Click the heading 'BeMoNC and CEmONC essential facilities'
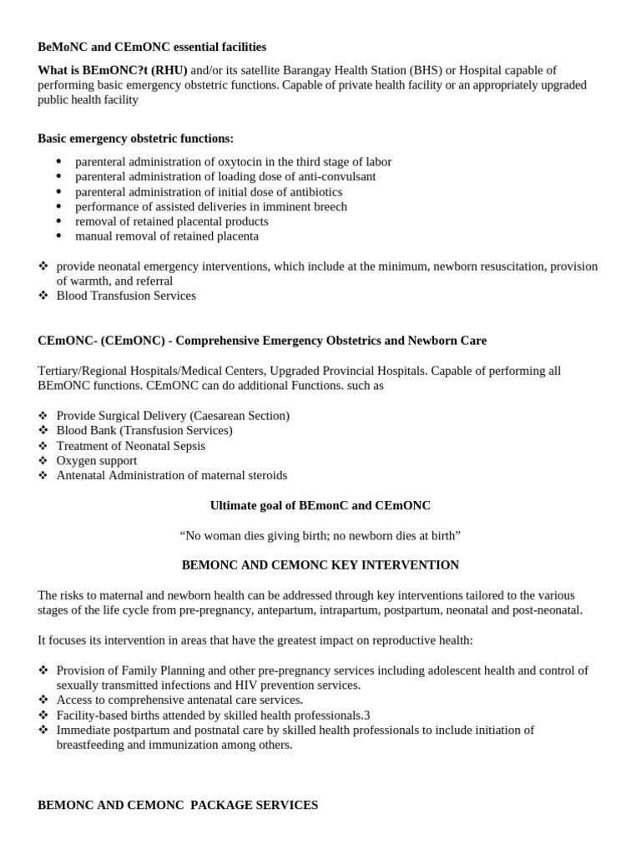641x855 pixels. click(152, 47)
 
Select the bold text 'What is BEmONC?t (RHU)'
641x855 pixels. click(113, 70)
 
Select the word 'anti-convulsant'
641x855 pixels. click(335, 177)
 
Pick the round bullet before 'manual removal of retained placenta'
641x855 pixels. click(58, 236)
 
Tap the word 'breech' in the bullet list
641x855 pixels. click(329, 206)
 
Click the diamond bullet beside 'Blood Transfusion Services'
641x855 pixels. click(43, 296)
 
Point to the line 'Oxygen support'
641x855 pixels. click(97, 461)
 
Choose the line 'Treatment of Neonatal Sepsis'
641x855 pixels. click(131, 446)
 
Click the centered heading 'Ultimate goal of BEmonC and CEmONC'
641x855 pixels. click(320, 505)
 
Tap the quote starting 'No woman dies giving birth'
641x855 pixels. click(320, 535)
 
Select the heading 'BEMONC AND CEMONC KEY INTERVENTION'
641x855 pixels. click(320, 565)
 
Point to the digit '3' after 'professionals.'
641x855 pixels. click(366, 715)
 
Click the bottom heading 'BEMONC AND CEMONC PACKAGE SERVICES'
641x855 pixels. click(178, 806)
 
